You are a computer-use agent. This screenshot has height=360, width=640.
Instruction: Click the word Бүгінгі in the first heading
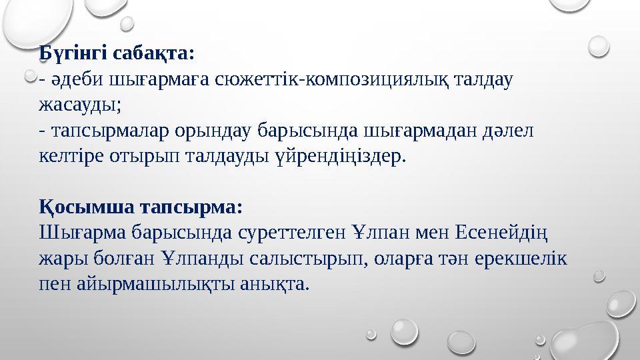71,52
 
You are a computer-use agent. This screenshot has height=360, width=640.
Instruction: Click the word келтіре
71,157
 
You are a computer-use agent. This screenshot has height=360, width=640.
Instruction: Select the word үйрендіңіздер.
338,157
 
